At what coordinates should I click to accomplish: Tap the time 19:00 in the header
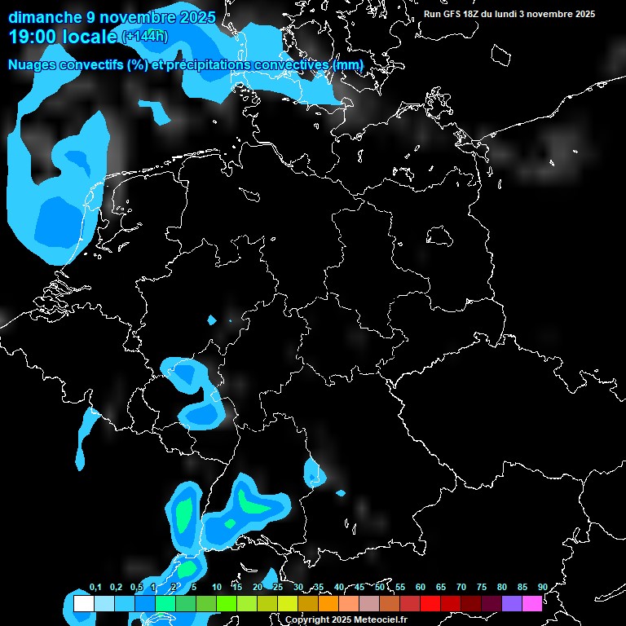[37, 36]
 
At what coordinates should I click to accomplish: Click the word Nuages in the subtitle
[31, 64]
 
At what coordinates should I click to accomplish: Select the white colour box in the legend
[83, 604]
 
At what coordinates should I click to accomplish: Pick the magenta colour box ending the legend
[532, 604]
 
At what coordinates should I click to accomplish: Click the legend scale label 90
[542, 587]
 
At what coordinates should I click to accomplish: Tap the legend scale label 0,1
[95, 587]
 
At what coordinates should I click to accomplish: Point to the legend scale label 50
[380, 587]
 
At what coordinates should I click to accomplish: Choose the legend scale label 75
[481, 587]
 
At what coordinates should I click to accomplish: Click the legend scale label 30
[298, 587]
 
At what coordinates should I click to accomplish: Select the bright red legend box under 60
[430, 604]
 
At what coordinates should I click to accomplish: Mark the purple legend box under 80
[512, 604]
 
